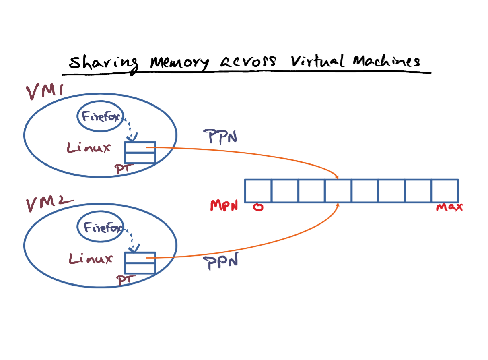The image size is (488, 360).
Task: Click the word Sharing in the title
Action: pos(103,63)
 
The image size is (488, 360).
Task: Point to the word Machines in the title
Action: pos(386,61)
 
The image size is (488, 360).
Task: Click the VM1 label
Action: pos(45,91)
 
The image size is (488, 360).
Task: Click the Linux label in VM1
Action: pos(89,147)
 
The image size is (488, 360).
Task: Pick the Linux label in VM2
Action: pos(91,259)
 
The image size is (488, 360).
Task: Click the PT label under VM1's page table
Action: pos(124,169)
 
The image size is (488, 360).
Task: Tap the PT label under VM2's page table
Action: pos(126,280)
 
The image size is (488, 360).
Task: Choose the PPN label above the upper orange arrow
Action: pos(220,137)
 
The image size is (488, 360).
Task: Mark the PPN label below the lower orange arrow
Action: pos(221,261)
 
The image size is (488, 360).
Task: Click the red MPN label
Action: pos(224,205)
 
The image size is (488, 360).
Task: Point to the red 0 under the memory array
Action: pos(258,207)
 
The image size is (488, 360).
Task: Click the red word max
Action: pos(449,207)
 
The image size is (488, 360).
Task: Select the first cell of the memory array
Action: pos(258,191)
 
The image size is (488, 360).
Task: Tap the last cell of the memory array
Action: pos(445,191)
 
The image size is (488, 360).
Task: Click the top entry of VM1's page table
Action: pos(140,147)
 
